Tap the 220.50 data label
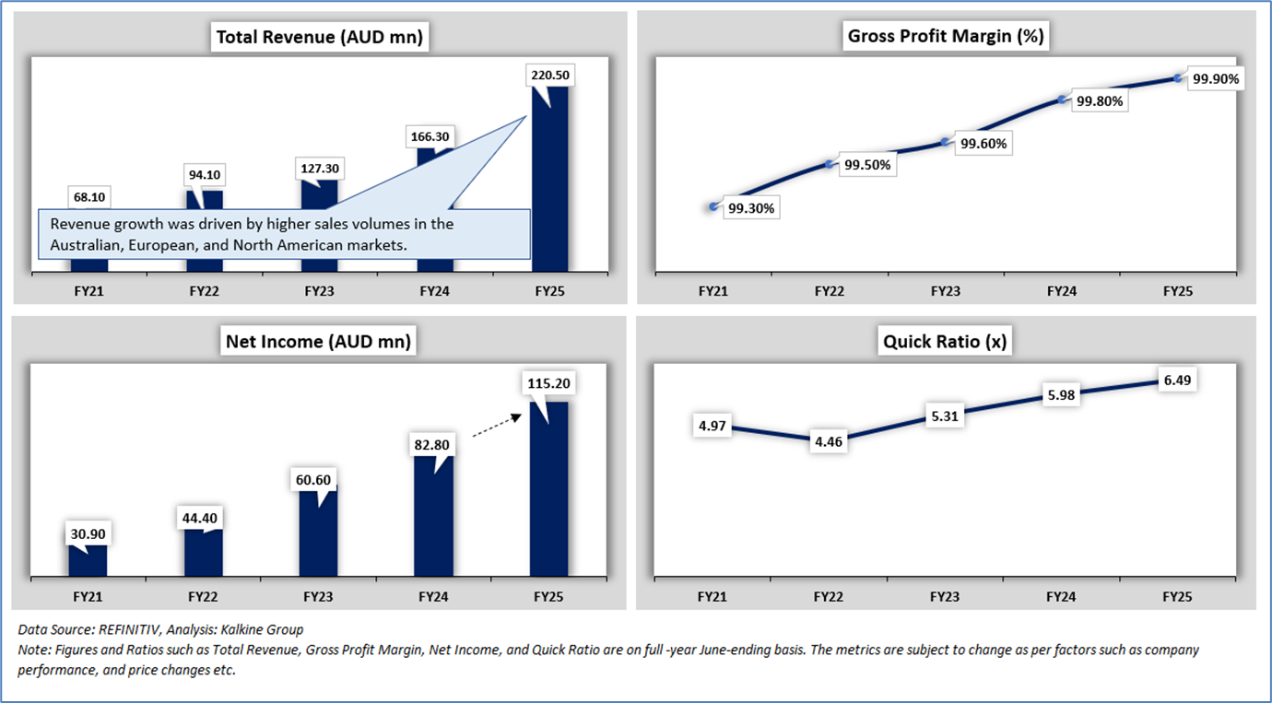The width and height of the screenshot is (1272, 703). point(549,75)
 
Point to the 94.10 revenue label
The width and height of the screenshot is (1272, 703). point(205,175)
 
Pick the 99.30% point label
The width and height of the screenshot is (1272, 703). point(751,208)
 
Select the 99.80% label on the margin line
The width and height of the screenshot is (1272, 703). point(1099,101)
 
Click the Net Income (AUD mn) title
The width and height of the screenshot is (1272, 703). point(319,342)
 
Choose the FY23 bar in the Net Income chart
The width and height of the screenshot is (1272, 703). point(318,533)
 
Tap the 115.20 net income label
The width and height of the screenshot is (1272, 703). point(549,382)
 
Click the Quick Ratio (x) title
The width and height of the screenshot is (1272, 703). point(945,342)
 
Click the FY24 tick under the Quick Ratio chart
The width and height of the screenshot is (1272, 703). point(1062,597)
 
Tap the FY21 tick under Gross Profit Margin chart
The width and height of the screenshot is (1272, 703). point(713,291)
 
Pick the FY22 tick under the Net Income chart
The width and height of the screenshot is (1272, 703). point(203,597)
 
